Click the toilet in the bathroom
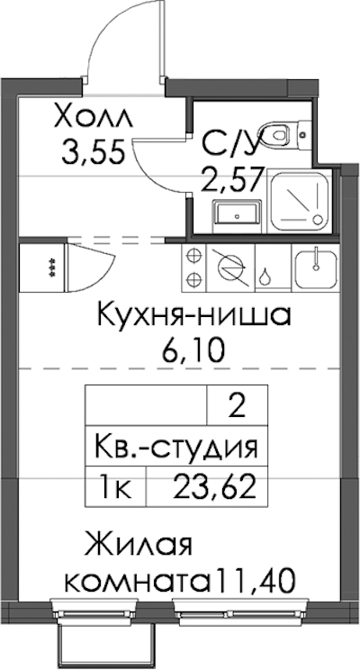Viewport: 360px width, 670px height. click(285, 133)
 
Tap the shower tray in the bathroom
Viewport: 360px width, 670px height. click(299, 201)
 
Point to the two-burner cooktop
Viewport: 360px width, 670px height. click(194, 268)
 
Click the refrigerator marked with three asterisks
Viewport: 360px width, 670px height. click(42, 268)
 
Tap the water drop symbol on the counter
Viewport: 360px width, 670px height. click(265, 276)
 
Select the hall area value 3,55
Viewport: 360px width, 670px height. click(94, 151)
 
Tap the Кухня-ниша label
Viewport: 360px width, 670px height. click(194, 316)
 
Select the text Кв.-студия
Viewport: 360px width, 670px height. click(175, 448)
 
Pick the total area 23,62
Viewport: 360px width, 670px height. click(215, 487)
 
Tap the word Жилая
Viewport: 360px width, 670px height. click(138, 544)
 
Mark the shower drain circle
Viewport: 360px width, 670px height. click(318, 220)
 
